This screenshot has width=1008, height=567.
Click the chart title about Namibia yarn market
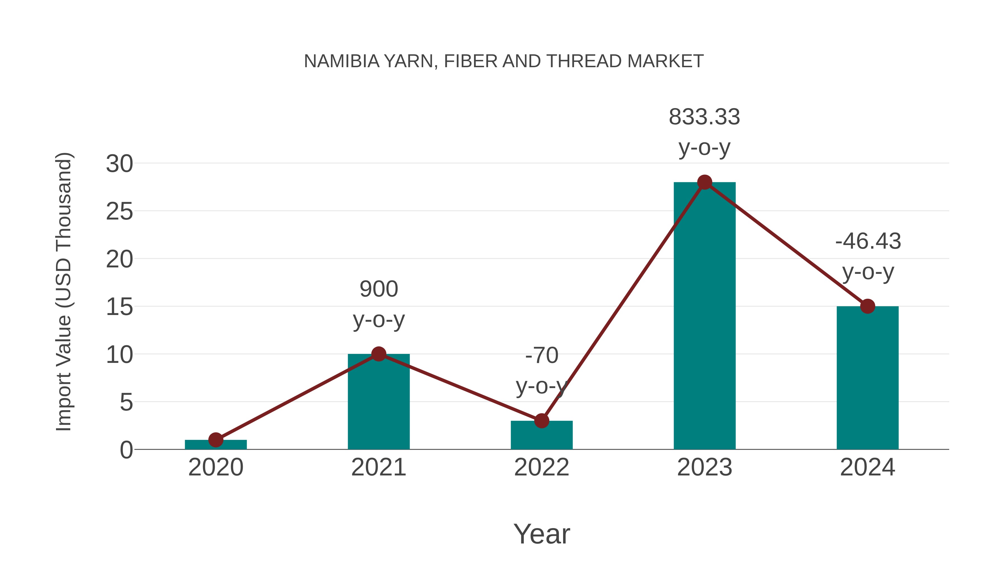pyautogui.click(x=504, y=61)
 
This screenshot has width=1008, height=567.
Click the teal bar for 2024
pyautogui.click(x=867, y=384)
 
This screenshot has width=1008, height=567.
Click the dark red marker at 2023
pyautogui.click(x=704, y=182)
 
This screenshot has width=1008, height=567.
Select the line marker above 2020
pyautogui.click(x=216, y=440)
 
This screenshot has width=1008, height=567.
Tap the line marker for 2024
pyautogui.click(x=867, y=306)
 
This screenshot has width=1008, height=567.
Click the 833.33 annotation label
pyautogui.click(x=704, y=117)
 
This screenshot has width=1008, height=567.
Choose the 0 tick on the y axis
pyautogui.click(x=126, y=450)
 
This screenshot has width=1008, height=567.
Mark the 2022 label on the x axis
pyautogui.click(x=542, y=467)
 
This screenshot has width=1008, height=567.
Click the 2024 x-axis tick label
pyautogui.click(x=867, y=467)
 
